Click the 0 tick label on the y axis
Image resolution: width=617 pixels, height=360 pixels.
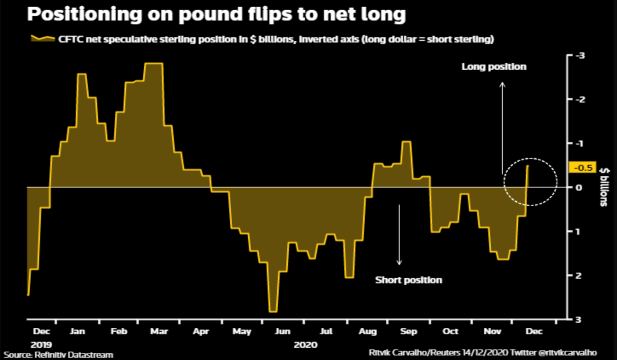[x=579, y=187]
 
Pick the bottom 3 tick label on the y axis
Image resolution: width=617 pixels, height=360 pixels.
[x=579, y=319]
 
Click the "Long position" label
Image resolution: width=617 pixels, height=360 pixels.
[x=494, y=67]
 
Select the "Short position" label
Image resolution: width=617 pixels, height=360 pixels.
[x=408, y=280]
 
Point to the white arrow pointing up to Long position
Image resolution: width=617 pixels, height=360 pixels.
[x=502, y=127]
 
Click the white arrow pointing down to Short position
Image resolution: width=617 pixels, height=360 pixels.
[x=399, y=235]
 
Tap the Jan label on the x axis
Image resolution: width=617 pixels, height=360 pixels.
[x=78, y=332]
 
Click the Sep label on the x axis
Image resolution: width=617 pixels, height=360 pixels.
[x=408, y=332]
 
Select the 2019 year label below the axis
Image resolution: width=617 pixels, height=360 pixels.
[x=41, y=345]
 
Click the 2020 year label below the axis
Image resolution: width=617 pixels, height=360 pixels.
[x=306, y=345]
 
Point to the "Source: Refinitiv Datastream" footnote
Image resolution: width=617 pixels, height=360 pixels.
[x=59, y=355]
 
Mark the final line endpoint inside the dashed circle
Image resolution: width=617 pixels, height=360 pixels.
[x=528, y=166]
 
